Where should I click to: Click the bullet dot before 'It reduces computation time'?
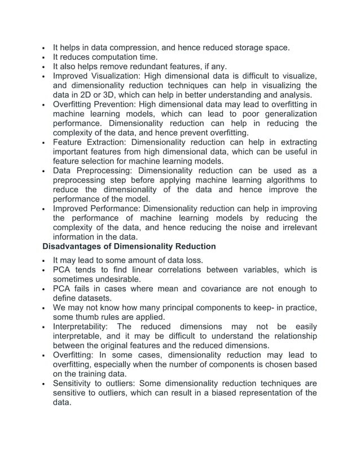point(43,57)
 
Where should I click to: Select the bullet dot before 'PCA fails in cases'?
point(43,289)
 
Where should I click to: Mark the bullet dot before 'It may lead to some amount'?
point(43,261)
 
